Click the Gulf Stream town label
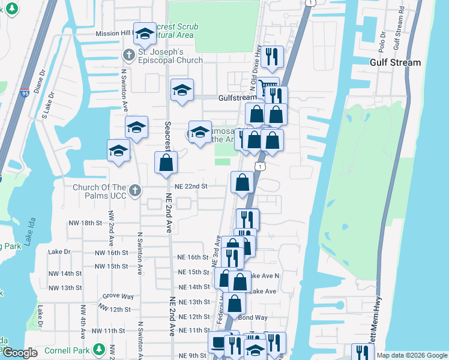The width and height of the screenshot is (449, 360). pyautogui.click(x=395, y=62)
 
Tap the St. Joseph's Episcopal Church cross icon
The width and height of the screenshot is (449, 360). pyautogui.click(x=128, y=55)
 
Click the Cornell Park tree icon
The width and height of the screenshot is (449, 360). pyautogui.click(x=112, y=349)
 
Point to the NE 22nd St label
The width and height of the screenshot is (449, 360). pyautogui.click(x=191, y=187)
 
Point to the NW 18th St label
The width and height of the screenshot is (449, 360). pyautogui.click(x=84, y=223)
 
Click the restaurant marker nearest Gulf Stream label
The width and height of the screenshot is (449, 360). pyautogui.click(x=274, y=56)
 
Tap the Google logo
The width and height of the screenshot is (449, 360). pyautogui.click(x=20, y=353)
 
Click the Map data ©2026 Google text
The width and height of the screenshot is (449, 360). pyautogui.click(x=411, y=355)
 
